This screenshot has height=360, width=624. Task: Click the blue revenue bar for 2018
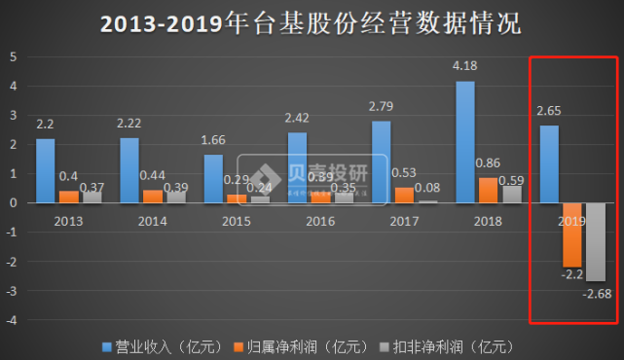click(465, 142)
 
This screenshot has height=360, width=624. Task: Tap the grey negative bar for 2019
click(594, 241)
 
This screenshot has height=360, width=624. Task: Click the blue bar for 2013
click(46, 170)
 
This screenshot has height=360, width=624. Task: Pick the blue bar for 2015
click(213, 178)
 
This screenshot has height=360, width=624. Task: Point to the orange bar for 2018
click(488, 190)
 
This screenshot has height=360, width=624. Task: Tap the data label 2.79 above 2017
click(381, 105)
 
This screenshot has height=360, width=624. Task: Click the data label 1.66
click(213, 139)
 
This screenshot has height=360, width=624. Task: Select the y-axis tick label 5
click(13, 56)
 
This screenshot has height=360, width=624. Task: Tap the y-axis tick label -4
click(11, 321)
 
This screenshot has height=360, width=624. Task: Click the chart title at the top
click(311, 22)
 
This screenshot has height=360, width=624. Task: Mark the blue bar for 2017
click(381, 162)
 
